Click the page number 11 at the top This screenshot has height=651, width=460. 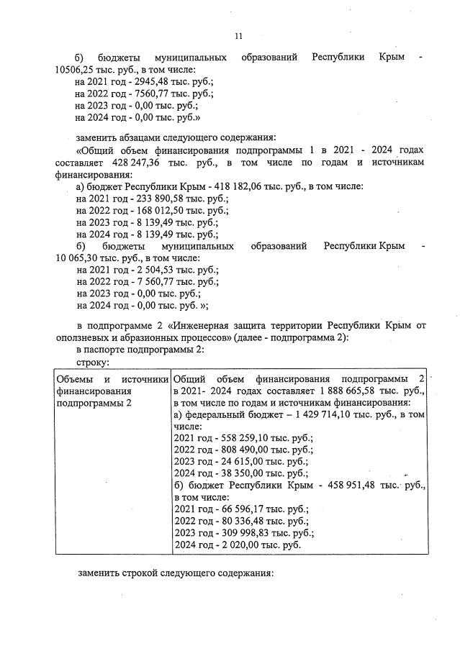[x=238, y=36]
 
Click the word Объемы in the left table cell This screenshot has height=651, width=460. [x=75, y=379]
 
